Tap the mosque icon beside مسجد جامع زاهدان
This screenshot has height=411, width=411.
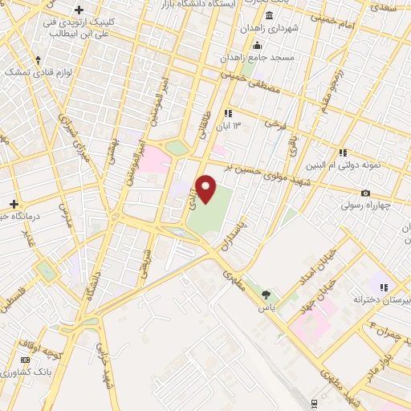[x=256, y=45]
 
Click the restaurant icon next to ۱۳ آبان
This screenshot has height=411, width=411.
[x=228, y=114]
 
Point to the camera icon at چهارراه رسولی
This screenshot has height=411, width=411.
[x=366, y=193]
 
